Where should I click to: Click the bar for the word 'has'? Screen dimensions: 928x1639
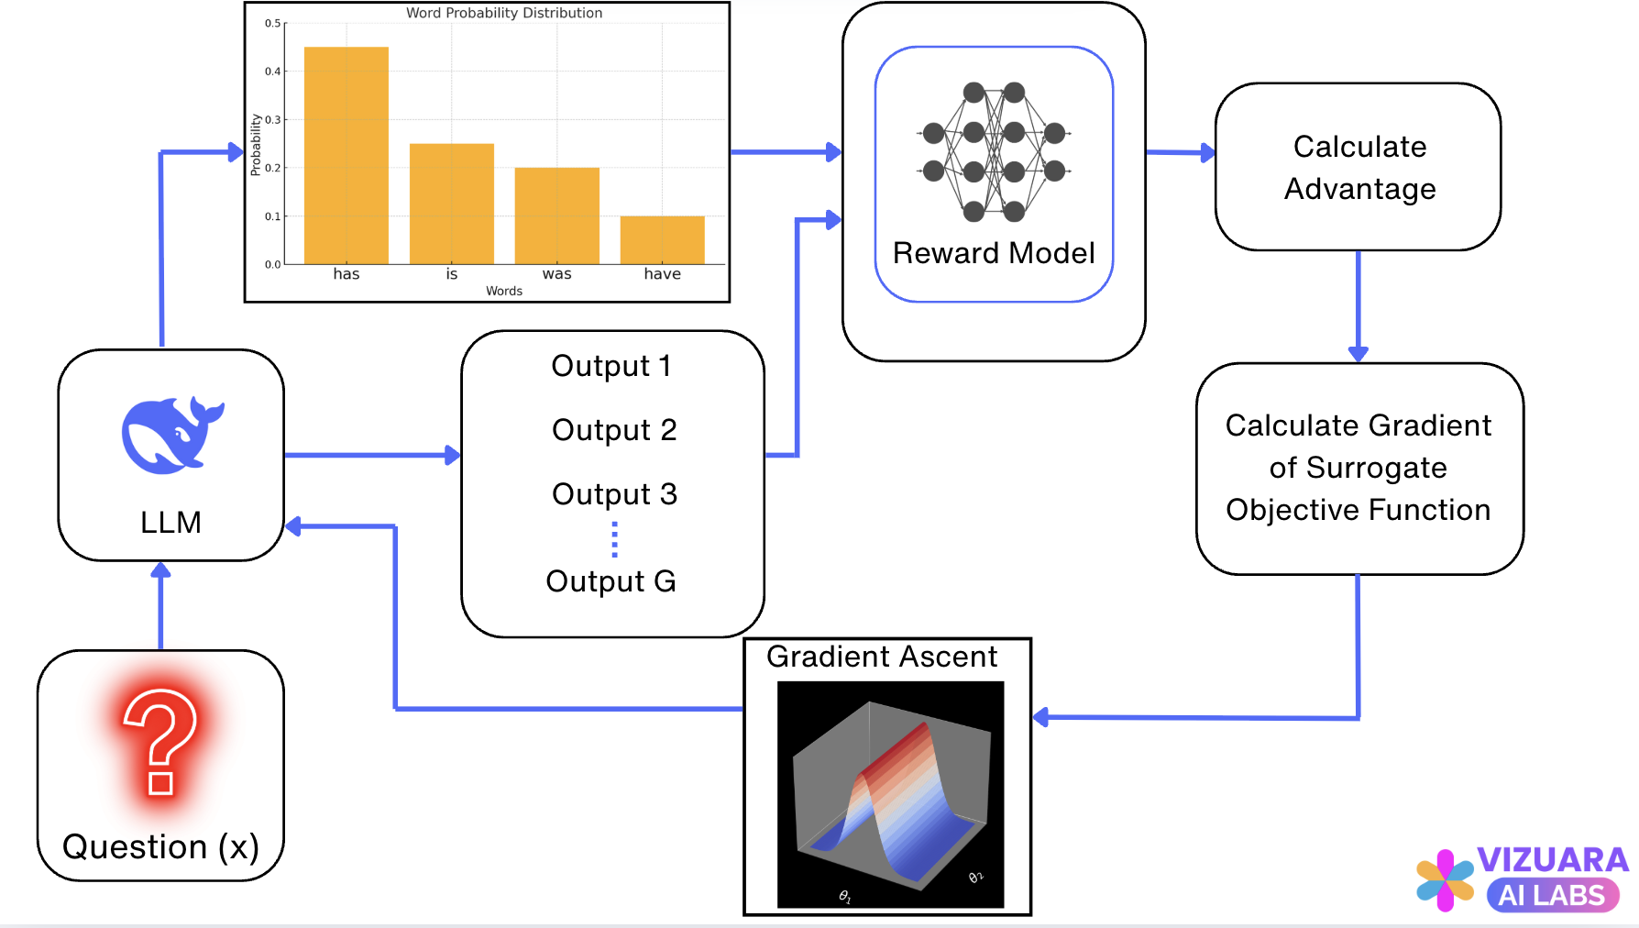coord(346,156)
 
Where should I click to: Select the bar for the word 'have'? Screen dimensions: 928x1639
coord(662,240)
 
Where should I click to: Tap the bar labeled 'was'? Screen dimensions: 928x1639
coord(556,215)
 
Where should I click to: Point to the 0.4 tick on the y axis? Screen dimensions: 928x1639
coord(274,72)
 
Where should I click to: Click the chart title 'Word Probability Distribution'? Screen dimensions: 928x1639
coord(504,13)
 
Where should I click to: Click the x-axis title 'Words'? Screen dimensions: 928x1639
coord(504,291)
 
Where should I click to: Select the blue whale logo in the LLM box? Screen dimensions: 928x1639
coord(171,436)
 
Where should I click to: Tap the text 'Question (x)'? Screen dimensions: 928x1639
coord(160,846)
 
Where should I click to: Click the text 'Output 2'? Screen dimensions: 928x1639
coord(614,430)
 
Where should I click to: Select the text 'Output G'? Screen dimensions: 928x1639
coord(610,581)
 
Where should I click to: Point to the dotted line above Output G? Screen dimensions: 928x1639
coord(614,540)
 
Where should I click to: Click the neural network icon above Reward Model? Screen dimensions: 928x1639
coord(994,152)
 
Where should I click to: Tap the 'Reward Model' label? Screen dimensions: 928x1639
coord(994,253)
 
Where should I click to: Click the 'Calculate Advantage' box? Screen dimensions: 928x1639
coord(1358,167)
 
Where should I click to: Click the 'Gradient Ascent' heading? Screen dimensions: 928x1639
coord(882,657)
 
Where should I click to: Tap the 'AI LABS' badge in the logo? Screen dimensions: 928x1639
coord(1552,895)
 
